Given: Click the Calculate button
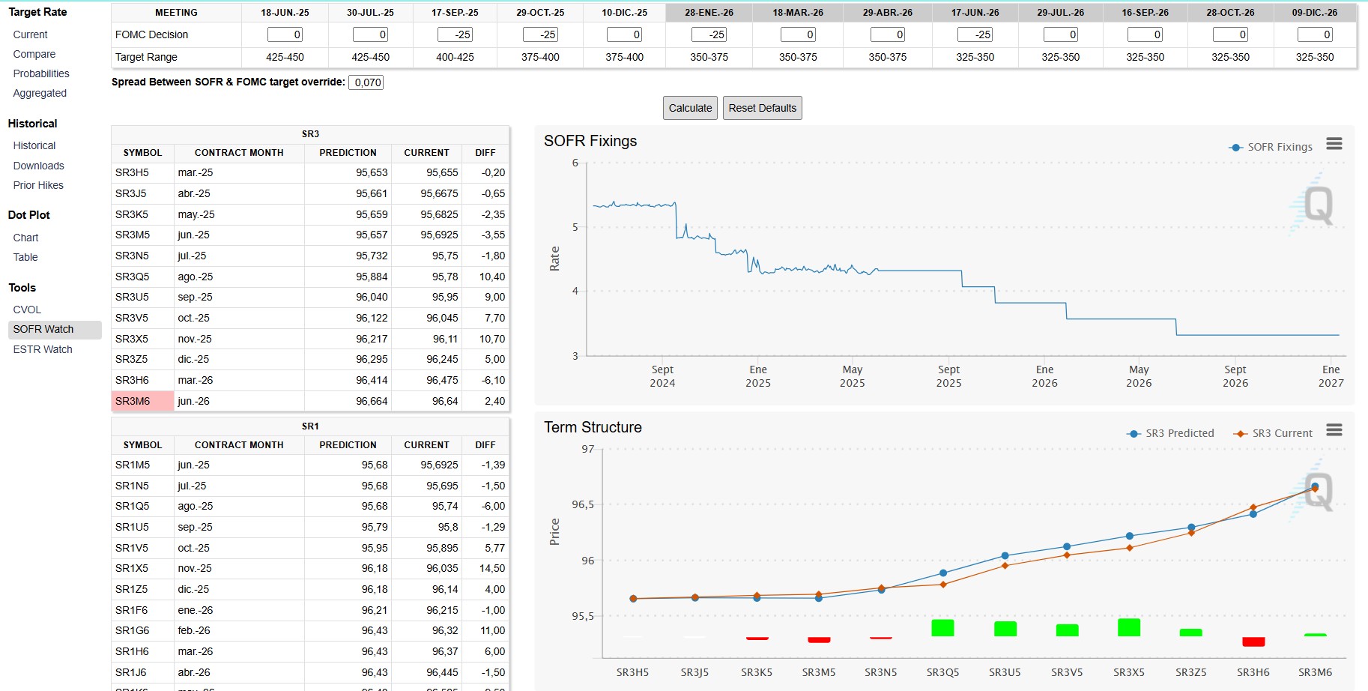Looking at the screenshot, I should pyautogui.click(x=690, y=108).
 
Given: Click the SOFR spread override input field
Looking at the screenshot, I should pyautogui.click(x=366, y=82).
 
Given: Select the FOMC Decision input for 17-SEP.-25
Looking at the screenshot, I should pyautogui.click(x=456, y=34).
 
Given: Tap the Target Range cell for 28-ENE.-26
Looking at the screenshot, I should pyautogui.click(x=709, y=57).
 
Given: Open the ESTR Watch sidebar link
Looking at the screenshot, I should pyautogui.click(x=43, y=349).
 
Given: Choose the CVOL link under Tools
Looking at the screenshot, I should pyautogui.click(x=27, y=310).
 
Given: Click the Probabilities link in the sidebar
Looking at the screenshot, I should pyautogui.click(x=41, y=73).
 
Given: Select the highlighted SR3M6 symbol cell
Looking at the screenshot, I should pyautogui.click(x=142, y=401).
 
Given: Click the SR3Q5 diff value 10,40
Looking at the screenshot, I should pyautogui.click(x=492, y=277).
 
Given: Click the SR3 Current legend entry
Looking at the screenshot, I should pyautogui.click(x=1274, y=433).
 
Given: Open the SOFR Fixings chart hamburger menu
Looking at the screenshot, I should pyautogui.click(x=1334, y=143).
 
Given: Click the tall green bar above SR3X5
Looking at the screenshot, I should pyautogui.click(x=1128, y=627).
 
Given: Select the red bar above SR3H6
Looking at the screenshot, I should pyautogui.click(x=1253, y=642).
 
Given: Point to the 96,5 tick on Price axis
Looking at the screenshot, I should pyautogui.click(x=583, y=504).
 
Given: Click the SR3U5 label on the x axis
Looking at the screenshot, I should pyautogui.click(x=1005, y=672).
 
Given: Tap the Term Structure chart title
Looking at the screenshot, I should pyautogui.click(x=593, y=427).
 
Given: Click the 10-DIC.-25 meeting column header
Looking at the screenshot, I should pyautogui.click(x=624, y=13).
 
